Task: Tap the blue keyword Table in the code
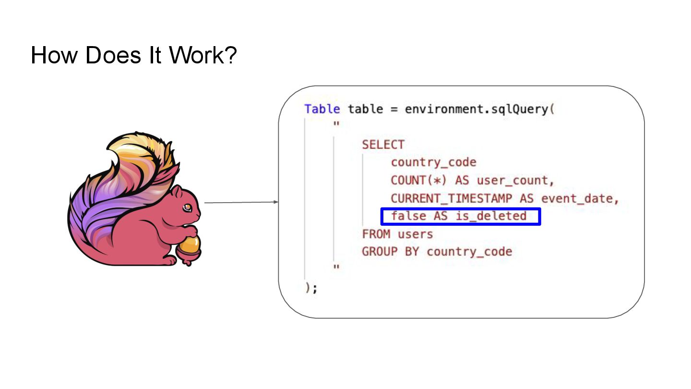(x=322, y=109)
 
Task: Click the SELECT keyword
(x=383, y=145)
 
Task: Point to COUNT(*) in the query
(x=419, y=181)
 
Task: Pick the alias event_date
(x=579, y=198)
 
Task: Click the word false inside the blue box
(x=408, y=216)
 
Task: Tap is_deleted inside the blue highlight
(x=491, y=216)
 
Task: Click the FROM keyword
(x=376, y=234)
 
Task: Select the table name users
(x=415, y=234)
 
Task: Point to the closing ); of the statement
(x=311, y=288)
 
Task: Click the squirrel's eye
(x=188, y=207)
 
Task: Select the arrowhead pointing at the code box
(x=276, y=202)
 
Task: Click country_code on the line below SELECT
(x=433, y=163)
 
